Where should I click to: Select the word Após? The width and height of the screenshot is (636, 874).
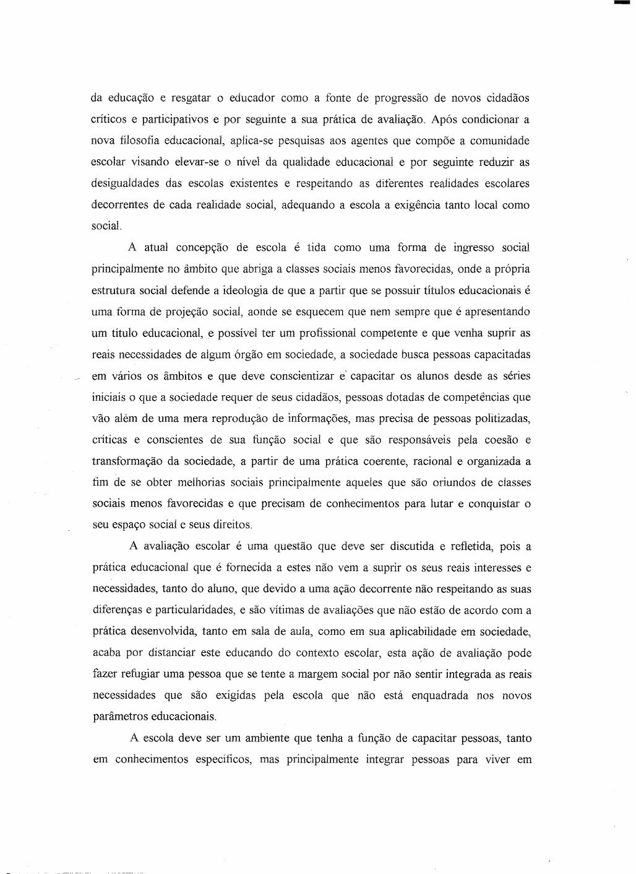coord(444,119)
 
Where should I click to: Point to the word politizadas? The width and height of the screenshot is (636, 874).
coord(497,419)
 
